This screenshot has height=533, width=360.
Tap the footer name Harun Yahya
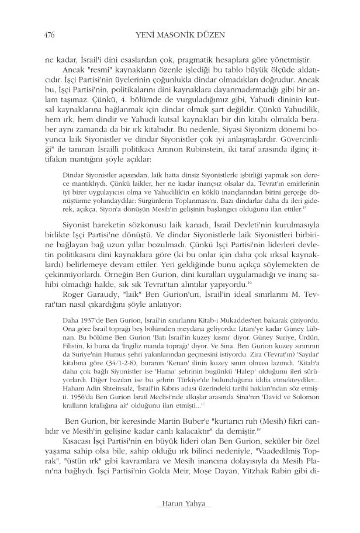[x=179, y=504]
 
